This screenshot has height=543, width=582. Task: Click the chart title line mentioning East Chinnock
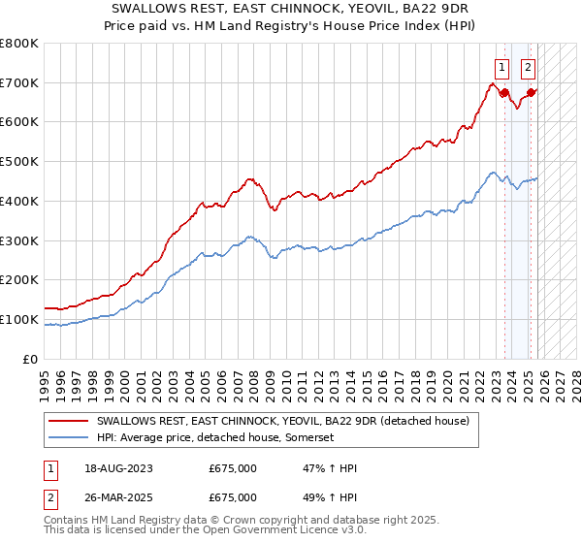(290, 8)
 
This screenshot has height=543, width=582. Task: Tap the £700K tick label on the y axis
(19, 82)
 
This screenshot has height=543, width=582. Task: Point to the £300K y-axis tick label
(19, 240)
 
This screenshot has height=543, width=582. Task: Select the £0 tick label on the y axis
(30, 359)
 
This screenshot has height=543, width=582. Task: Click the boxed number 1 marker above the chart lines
(501, 68)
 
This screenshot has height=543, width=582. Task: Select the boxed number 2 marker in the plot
(528, 68)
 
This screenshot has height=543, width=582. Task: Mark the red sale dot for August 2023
(505, 93)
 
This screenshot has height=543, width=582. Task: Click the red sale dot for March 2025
(532, 93)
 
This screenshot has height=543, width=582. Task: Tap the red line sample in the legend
(70, 421)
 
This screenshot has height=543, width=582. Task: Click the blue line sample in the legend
(70, 437)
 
